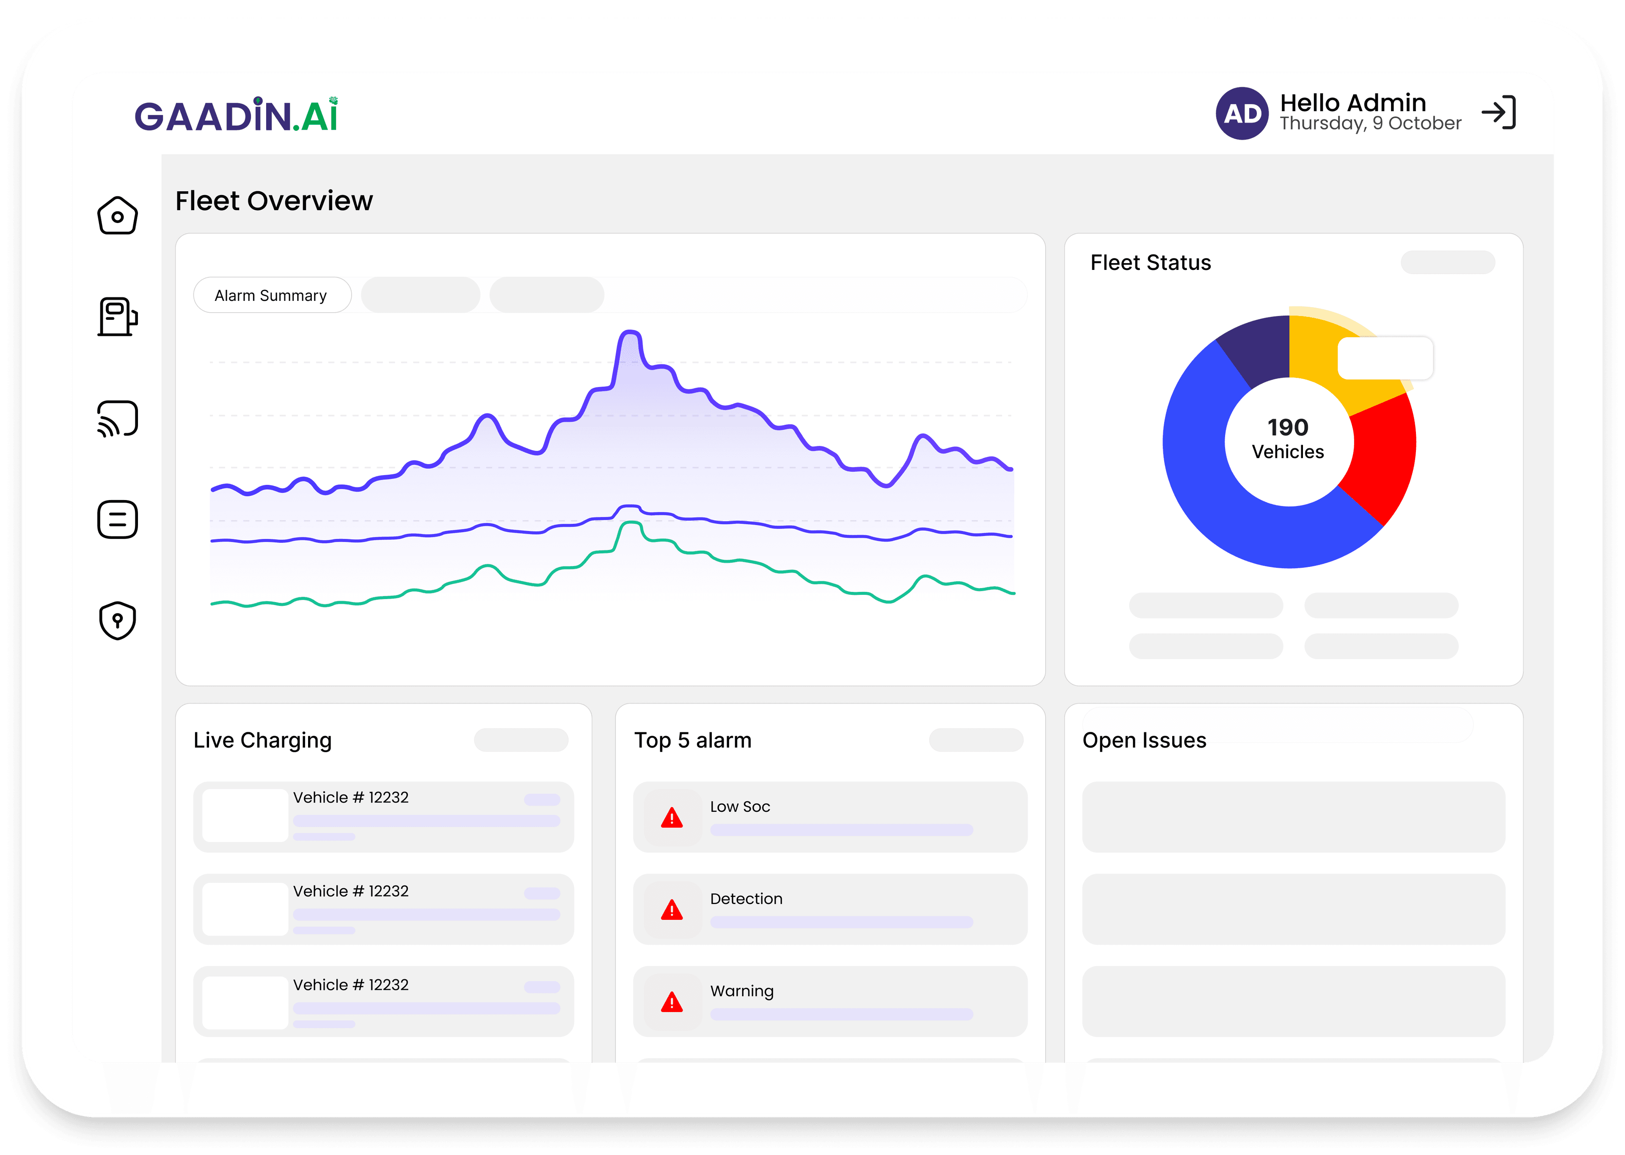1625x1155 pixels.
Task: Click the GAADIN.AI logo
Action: coord(236,115)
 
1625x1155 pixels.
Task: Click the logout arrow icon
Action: coord(1498,113)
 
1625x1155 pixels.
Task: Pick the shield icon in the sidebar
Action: coord(117,620)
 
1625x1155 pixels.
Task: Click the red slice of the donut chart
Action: coord(1383,455)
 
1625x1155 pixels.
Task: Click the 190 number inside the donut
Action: coord(1288,427)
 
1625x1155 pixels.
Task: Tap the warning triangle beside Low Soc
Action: coord(671,818)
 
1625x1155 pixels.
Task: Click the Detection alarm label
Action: coord(746,899)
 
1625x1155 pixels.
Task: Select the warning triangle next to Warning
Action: coord(671,1002)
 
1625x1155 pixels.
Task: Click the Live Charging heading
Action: coord(262,740)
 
